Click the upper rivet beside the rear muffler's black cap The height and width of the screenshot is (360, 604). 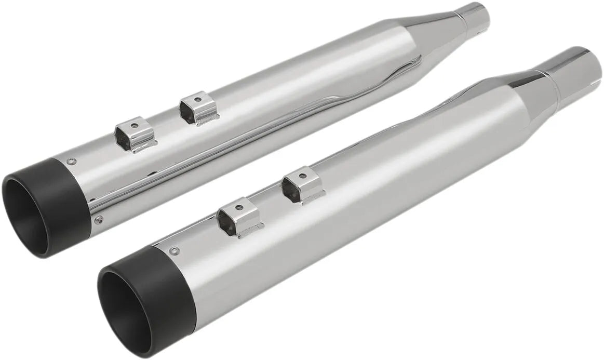tap(74, 161)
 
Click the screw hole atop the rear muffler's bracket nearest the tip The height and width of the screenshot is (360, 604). tap(133, 125)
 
